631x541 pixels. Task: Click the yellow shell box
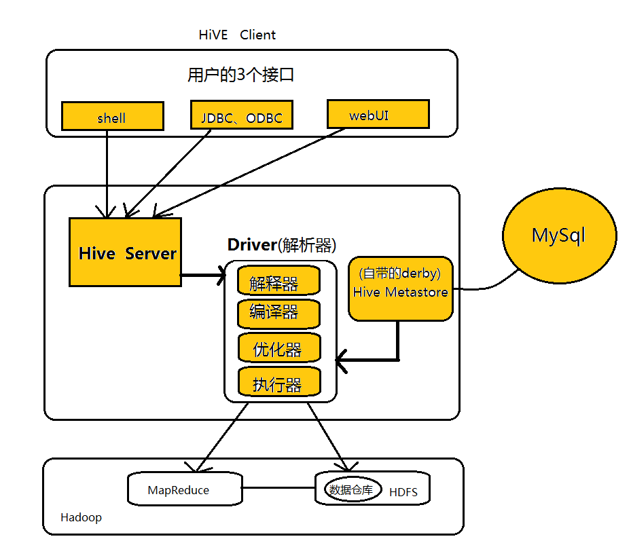click(x=112, y=116)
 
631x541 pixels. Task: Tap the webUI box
click(x=378, y=114)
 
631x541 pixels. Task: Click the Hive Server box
click(x=126, y=252)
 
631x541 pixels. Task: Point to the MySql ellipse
click(x=559, y=236)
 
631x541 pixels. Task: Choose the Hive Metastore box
click(x=400, y=288)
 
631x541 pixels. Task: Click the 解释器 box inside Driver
click(x=278, y=281)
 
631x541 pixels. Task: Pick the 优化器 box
click(x=278, y=348)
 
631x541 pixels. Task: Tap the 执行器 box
click(x=278, y=383)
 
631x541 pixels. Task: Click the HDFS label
click(x=403, y=492)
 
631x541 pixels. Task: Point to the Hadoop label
click(x=81, y=517)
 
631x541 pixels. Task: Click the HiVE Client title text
click(x=237, y=35)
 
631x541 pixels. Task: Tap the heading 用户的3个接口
click(x=240, y=75)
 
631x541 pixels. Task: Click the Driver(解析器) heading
click(x=281, y=245)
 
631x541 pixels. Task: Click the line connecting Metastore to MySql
click(x=486, y=284)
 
